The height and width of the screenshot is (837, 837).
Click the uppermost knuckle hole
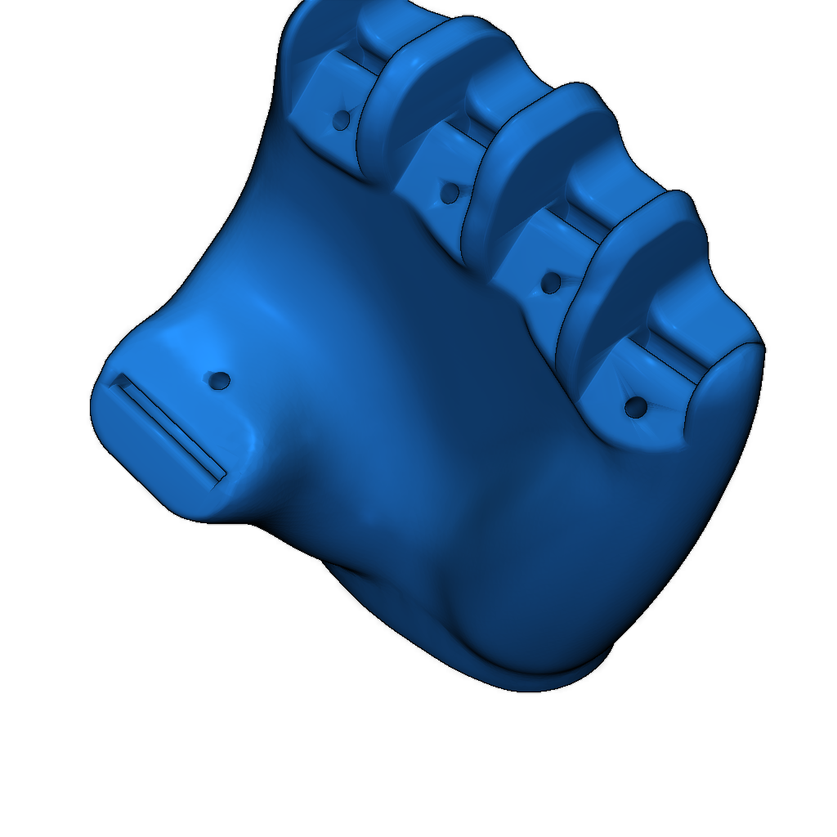coord(342,121)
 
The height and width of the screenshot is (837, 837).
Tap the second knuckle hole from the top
coord(450,194)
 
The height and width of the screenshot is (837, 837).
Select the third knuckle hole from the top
coord(552,284)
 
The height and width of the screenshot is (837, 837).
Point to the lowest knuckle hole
coord(636,406)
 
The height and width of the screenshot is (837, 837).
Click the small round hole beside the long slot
coord(220,380)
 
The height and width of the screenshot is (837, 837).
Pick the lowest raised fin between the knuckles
coord(638,262)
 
